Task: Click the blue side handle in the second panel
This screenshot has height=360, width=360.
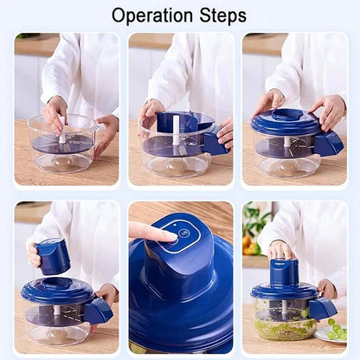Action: (x=214, y=143)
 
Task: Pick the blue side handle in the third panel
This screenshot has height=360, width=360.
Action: (x=329, y=144)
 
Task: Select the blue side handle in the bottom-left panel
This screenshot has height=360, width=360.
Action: (x=99, y=311)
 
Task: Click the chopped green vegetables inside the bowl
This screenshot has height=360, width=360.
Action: (x=285, y=327)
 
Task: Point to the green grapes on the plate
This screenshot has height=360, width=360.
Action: (x=336, y=331)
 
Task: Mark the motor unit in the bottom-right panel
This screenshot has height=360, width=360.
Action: (x=283, y=273)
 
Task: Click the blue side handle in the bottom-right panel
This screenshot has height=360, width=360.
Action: (x=323, y=308)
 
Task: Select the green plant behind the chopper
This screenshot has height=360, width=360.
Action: (x=254, y=227)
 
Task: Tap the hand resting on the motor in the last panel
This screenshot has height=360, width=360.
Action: (x=281, y=250)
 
